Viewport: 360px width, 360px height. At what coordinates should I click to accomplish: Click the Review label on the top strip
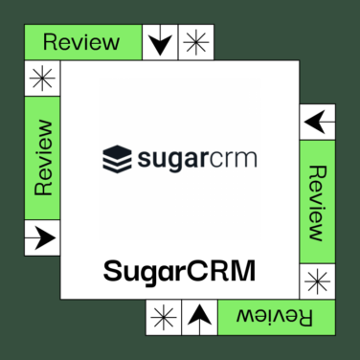[x=81, y=42]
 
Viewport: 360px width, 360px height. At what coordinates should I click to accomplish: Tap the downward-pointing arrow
[x=160, y=42]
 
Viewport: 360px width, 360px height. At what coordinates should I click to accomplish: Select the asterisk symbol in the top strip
[x=195, y=42]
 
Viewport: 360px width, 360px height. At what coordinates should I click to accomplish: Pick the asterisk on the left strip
[x=42, y=79]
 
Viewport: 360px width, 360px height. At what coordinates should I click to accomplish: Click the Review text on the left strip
[x=42, y=158]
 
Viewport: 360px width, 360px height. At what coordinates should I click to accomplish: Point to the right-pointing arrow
[x=42, y=236]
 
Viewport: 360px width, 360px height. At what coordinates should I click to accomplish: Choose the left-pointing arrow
[x=318, y=122]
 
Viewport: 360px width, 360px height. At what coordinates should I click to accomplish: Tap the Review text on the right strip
[x=318, y=202]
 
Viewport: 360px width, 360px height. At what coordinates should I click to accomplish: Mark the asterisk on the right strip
[x=318, y=281]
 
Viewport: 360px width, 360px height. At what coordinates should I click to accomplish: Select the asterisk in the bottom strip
[x=164, y=317]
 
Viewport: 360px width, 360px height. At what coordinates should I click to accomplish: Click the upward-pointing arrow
[x=198, y=317]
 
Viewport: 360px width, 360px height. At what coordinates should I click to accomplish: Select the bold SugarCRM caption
[x=180, y=271]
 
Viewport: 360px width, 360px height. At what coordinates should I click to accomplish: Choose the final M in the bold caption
[x=244, y=270]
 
